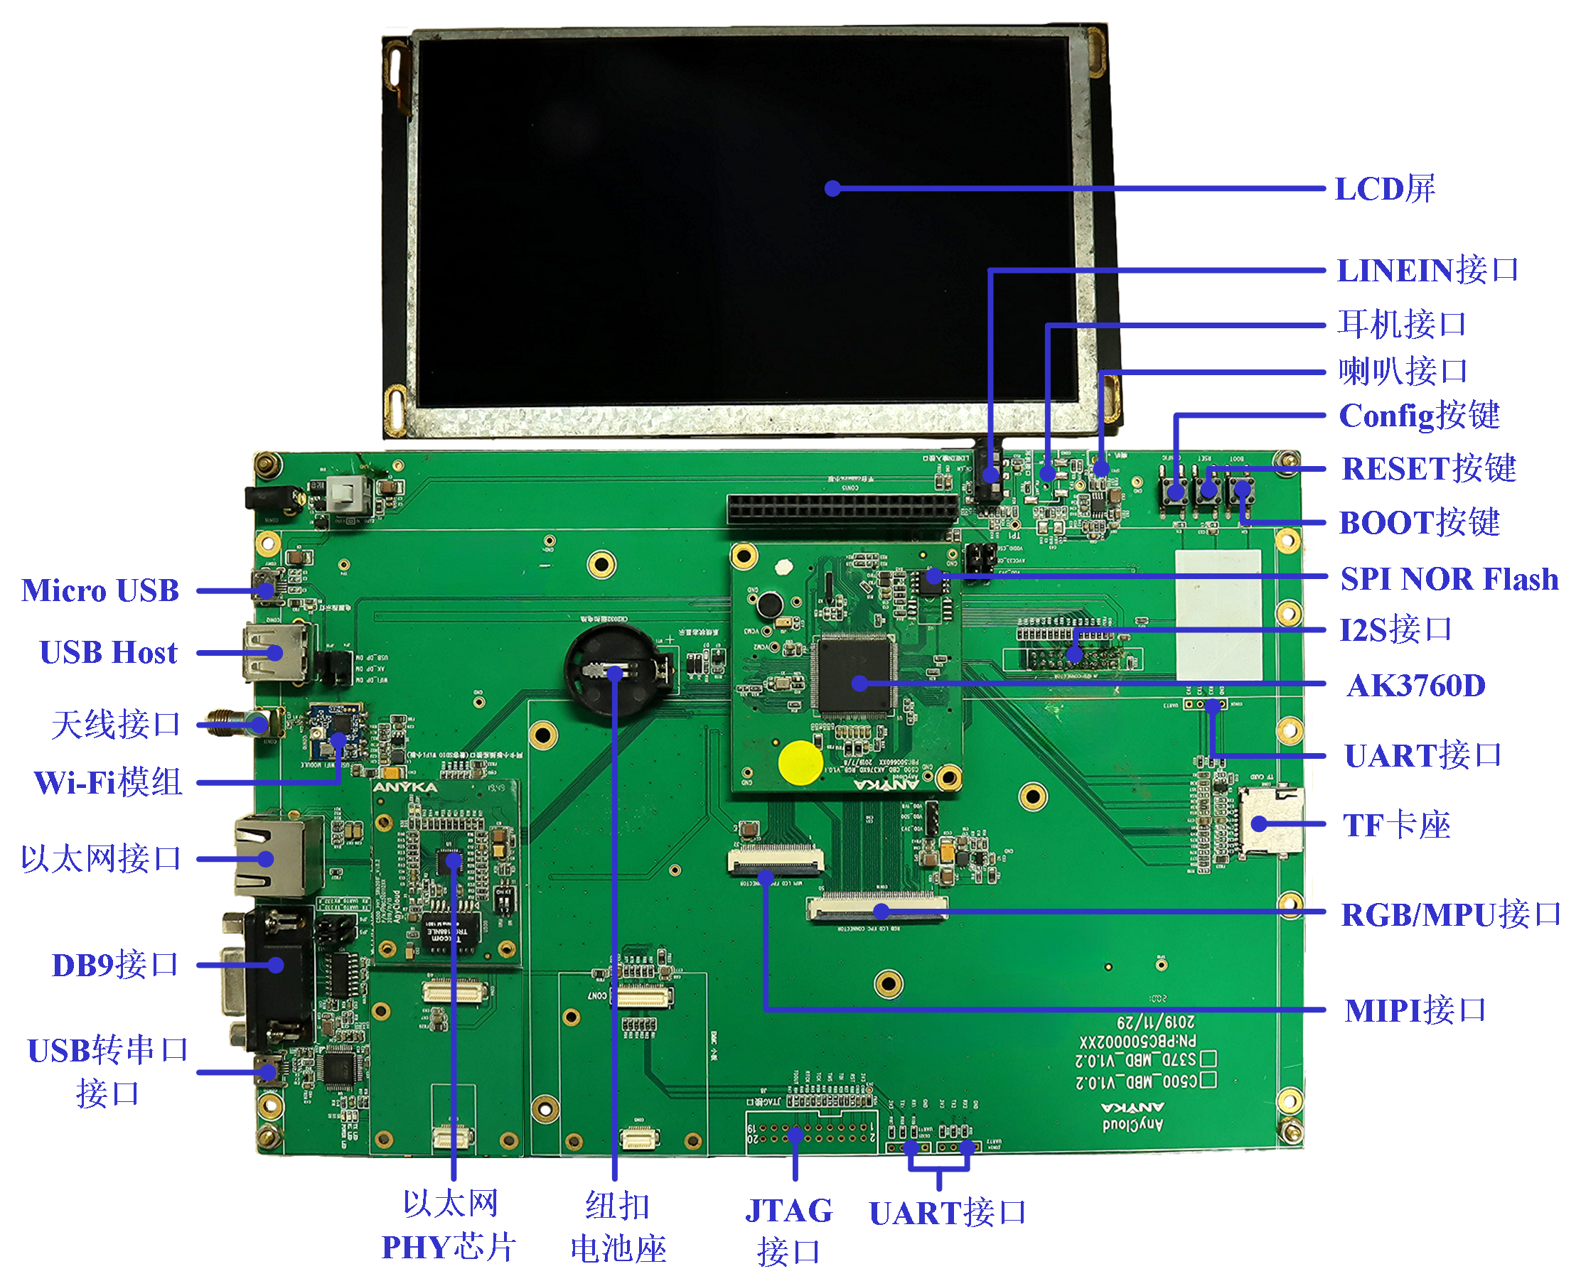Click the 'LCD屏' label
tap(1384, 189)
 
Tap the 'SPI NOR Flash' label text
tap(1448, 579)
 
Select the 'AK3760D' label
tap(1415, 686)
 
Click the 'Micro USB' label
tap(100, 590)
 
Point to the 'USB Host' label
tap(108, 653)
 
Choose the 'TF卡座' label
tap(1395, 825)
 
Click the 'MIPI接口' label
tap(1414, 1010)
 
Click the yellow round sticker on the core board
tap(800, 762)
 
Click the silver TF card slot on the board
tap(1270, 823)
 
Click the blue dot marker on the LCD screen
tap(832, 189)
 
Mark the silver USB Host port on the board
tap(273, 652)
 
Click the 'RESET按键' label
tap(1428, 469)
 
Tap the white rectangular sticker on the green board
tap(1218, 615)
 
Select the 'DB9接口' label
tap(115, 966)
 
